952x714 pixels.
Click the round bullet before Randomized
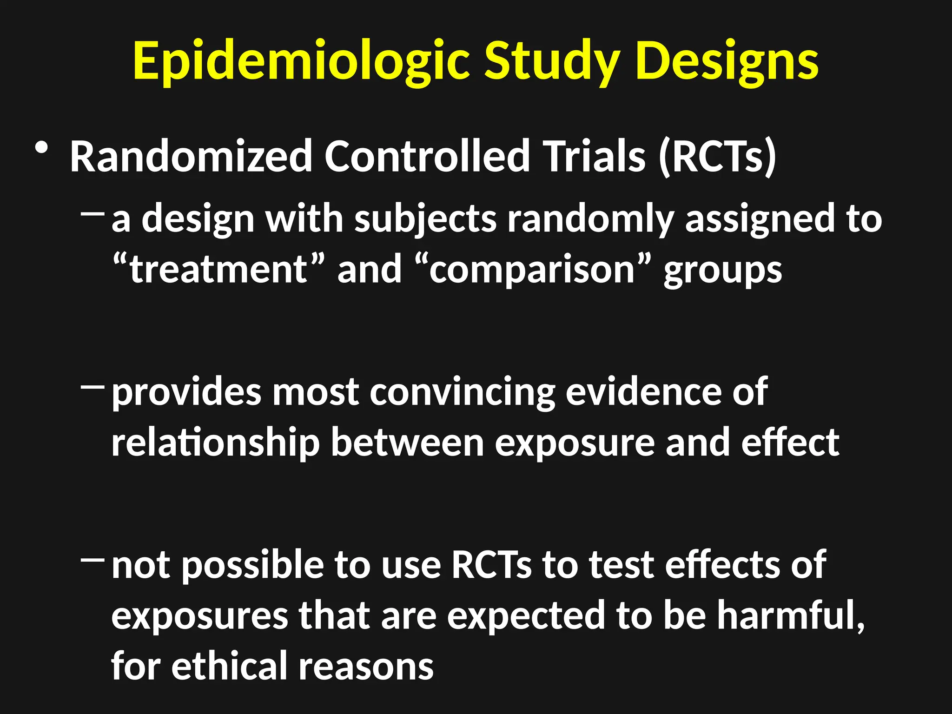pos(41,149)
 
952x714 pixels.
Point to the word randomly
pos(590,218)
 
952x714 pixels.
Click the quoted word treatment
pos(218,269)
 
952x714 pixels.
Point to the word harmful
pos(790,615)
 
